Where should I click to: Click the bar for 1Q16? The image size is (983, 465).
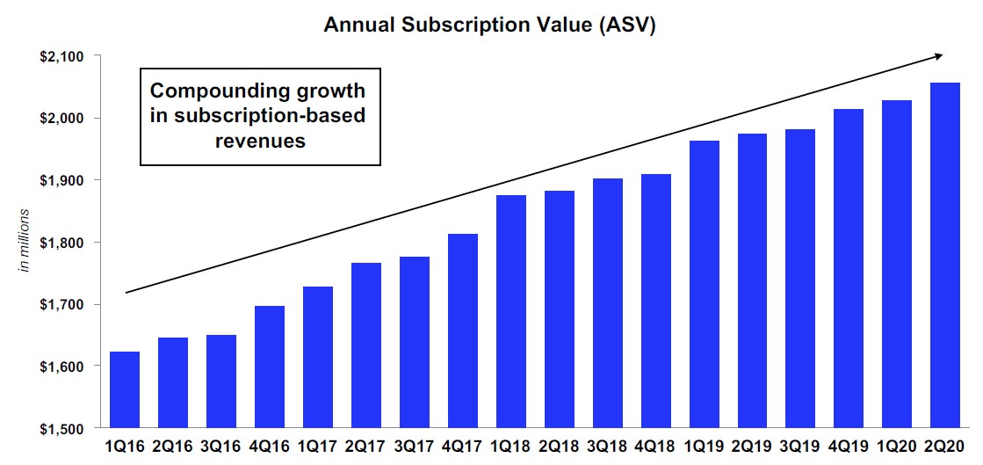click(124, 390)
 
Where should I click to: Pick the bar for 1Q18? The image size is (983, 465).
click(510, 312)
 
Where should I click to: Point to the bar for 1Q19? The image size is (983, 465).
click(704, 285)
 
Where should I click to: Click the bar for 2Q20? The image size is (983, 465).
click(944, 256)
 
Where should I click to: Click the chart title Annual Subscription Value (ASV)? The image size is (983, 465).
click(489, 24)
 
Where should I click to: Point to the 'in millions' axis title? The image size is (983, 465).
click(25, 239)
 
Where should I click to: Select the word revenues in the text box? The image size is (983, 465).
click(260, 141)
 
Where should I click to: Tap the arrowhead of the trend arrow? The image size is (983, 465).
click(939, 56)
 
